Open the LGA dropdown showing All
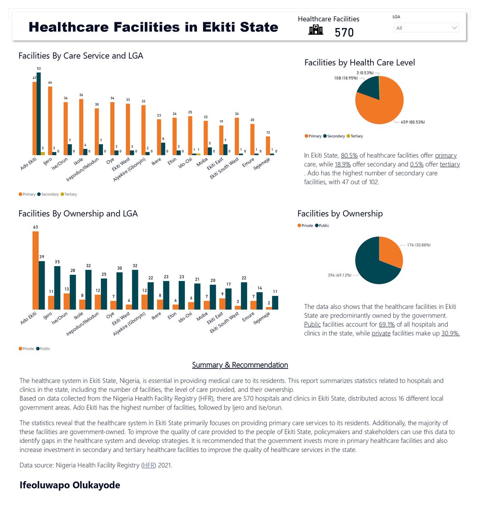[x=426, y=28]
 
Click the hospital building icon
[x=316, y=30]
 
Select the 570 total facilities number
[x=344, y=33]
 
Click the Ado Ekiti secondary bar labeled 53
[x=39, y=114]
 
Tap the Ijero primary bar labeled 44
[x=50, y=120]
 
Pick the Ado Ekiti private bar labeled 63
[x=36, y=270]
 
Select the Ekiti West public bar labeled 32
[x=135, y=290]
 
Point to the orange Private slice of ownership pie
[x=389, y=253]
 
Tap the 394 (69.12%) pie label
[x=339, y=275]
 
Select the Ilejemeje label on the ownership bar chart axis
[x=262, y=318]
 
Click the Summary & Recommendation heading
[x=240, y=365]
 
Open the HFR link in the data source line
[x=149, y=465]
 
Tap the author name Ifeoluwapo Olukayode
[x=70, y=485]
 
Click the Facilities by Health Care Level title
[x=359, y=63]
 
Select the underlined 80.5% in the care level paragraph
[x=349, y=155]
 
